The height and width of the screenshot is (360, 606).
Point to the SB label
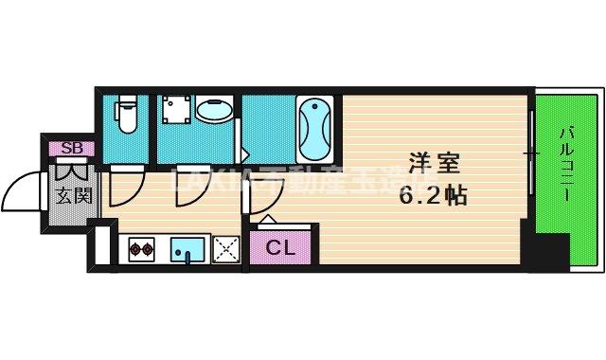click(71, 148)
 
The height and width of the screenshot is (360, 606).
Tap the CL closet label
click(278, 250)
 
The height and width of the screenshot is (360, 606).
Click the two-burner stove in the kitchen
click(142, 251)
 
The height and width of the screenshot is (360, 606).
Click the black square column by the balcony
click(547, 252)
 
